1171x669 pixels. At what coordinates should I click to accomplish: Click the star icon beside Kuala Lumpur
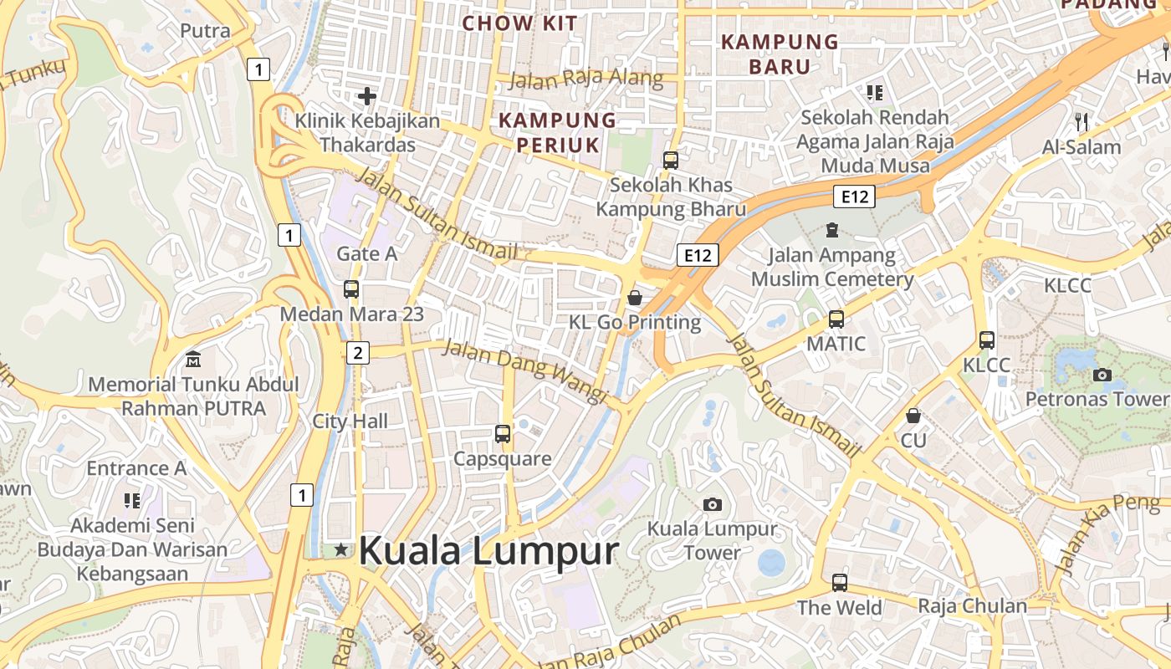pos(341,549)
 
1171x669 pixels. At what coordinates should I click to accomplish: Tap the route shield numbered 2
pos(358,353)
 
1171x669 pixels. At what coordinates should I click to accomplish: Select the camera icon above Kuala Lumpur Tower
pos(713,504)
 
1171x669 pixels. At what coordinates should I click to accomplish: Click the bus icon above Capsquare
pos(503,434)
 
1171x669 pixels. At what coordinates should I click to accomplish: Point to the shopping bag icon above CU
pos(913,415)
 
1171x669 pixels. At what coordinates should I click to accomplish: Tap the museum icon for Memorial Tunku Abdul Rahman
pos(193,360)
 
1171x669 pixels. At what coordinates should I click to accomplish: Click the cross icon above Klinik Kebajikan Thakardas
pos(366,96)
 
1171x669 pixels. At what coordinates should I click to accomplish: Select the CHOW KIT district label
pos(519,23)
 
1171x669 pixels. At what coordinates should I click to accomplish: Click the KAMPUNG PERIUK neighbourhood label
pos(557,133)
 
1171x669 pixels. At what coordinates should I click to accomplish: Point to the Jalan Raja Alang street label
pos(585,80)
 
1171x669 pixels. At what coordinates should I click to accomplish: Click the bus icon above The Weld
pos(840,582)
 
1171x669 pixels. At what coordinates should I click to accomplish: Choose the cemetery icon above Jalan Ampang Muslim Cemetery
pos(831,229)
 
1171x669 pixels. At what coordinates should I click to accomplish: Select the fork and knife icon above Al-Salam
pos(1082,122)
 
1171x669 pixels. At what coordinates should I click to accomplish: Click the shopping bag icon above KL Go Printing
pos(635,298)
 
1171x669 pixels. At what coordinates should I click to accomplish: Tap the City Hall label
pos(350,421)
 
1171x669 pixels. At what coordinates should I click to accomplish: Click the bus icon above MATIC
pos(836,319)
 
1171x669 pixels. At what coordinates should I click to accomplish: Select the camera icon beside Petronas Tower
pos(1102,375)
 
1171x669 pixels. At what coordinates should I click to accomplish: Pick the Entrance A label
pos(136,468)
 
